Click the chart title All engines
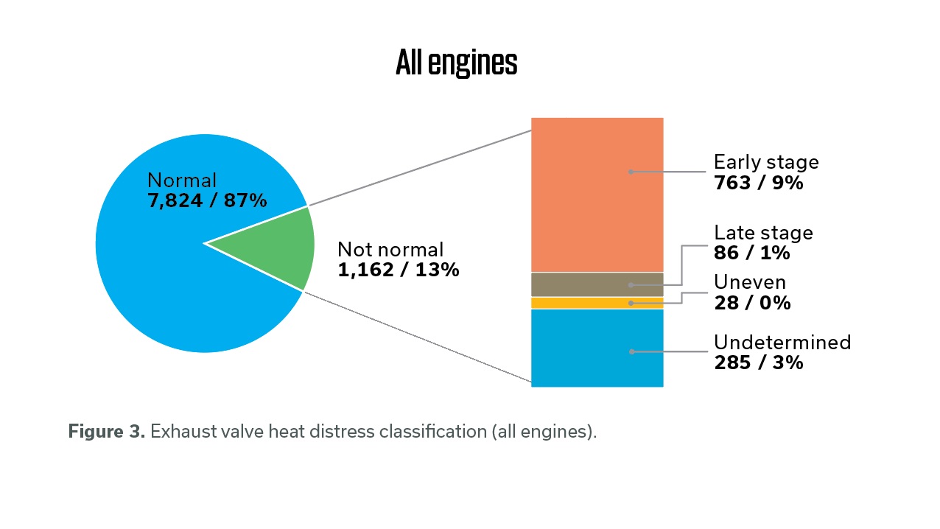click(456, 63)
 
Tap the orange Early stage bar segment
click(597, 195)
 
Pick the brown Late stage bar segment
click(597, 284)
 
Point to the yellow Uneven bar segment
click(597, 303)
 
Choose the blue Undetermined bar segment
click(597, 348)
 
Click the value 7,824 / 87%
click(206, 200)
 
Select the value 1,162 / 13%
click(398, 270)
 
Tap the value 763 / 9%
click(758, 182)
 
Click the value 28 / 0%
click(751, 303)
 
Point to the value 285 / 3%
click(758, 362)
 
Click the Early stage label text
click(766, 162)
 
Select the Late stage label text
click(763, 233)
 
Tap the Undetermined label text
click(782, 343)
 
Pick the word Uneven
click(750, 282)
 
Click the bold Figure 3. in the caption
click(106, 432)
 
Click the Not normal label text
click(390, 250)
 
